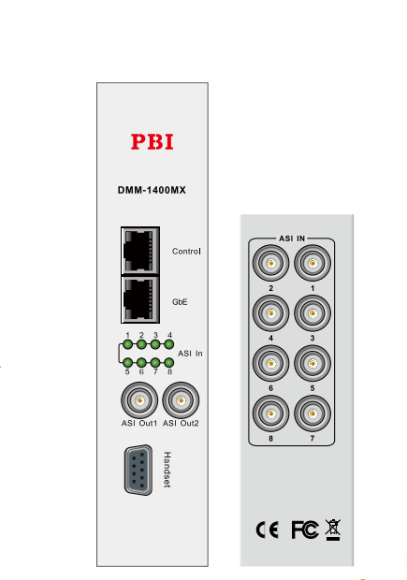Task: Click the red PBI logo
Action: point(153,142)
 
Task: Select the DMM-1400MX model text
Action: point(152,190)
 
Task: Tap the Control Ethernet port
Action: point(140,251)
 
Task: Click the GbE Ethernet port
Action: point(140,298)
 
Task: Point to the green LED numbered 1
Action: point(127,345)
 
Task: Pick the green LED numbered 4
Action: point(169,345)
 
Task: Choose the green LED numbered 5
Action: point(127,363)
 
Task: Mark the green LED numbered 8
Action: point(169,363)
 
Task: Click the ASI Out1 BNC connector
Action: point(139,400)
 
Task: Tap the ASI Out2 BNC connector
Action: point(181,400)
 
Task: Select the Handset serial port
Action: point(138,471)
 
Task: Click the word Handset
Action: point(167,470)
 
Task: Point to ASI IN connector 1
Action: point(313,263)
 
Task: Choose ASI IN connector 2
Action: point(270,263)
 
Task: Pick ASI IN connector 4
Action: point(270,313)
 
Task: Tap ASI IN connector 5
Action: point(313,363)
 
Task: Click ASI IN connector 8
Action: point(270,413)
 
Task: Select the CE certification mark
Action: point(268,529)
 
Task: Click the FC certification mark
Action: point(305,529)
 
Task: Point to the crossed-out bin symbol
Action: point(333,529)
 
